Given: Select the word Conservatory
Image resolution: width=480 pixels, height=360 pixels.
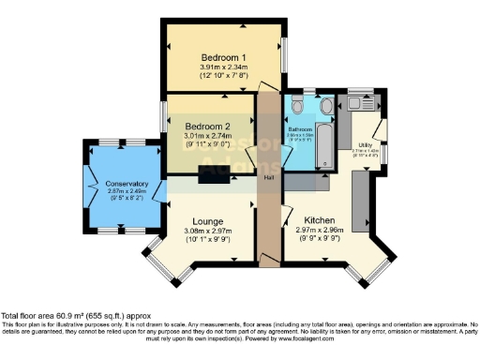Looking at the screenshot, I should [127, 184].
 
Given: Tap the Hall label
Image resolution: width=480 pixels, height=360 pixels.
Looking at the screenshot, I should [269, 177].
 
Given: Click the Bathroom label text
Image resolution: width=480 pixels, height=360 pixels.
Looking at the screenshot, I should [300, 128].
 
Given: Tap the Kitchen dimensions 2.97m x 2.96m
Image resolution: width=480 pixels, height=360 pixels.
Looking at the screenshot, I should [320, 229].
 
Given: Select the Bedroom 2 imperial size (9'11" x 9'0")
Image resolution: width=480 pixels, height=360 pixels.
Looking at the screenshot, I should [207, 145].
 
